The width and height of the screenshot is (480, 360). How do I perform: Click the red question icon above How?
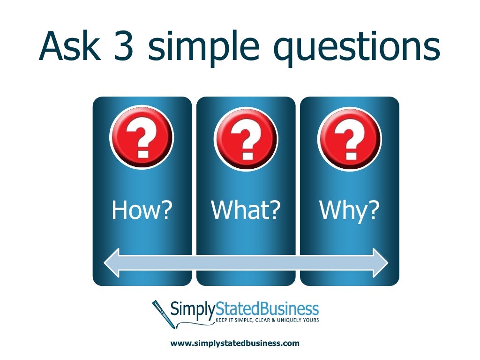click(x=141, y=137)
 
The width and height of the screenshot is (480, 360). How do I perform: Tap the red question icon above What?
click(x=245, y=137)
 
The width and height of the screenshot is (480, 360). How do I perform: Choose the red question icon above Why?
click(x=349, y=137)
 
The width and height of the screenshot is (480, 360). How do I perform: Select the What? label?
click(x=246, y=210)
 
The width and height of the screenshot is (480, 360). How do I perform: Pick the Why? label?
click(x=349, y=210)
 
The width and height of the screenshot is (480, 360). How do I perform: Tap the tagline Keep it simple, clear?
click(x=248, y=320)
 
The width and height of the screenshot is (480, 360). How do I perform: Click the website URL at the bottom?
click(x=234, y=343)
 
